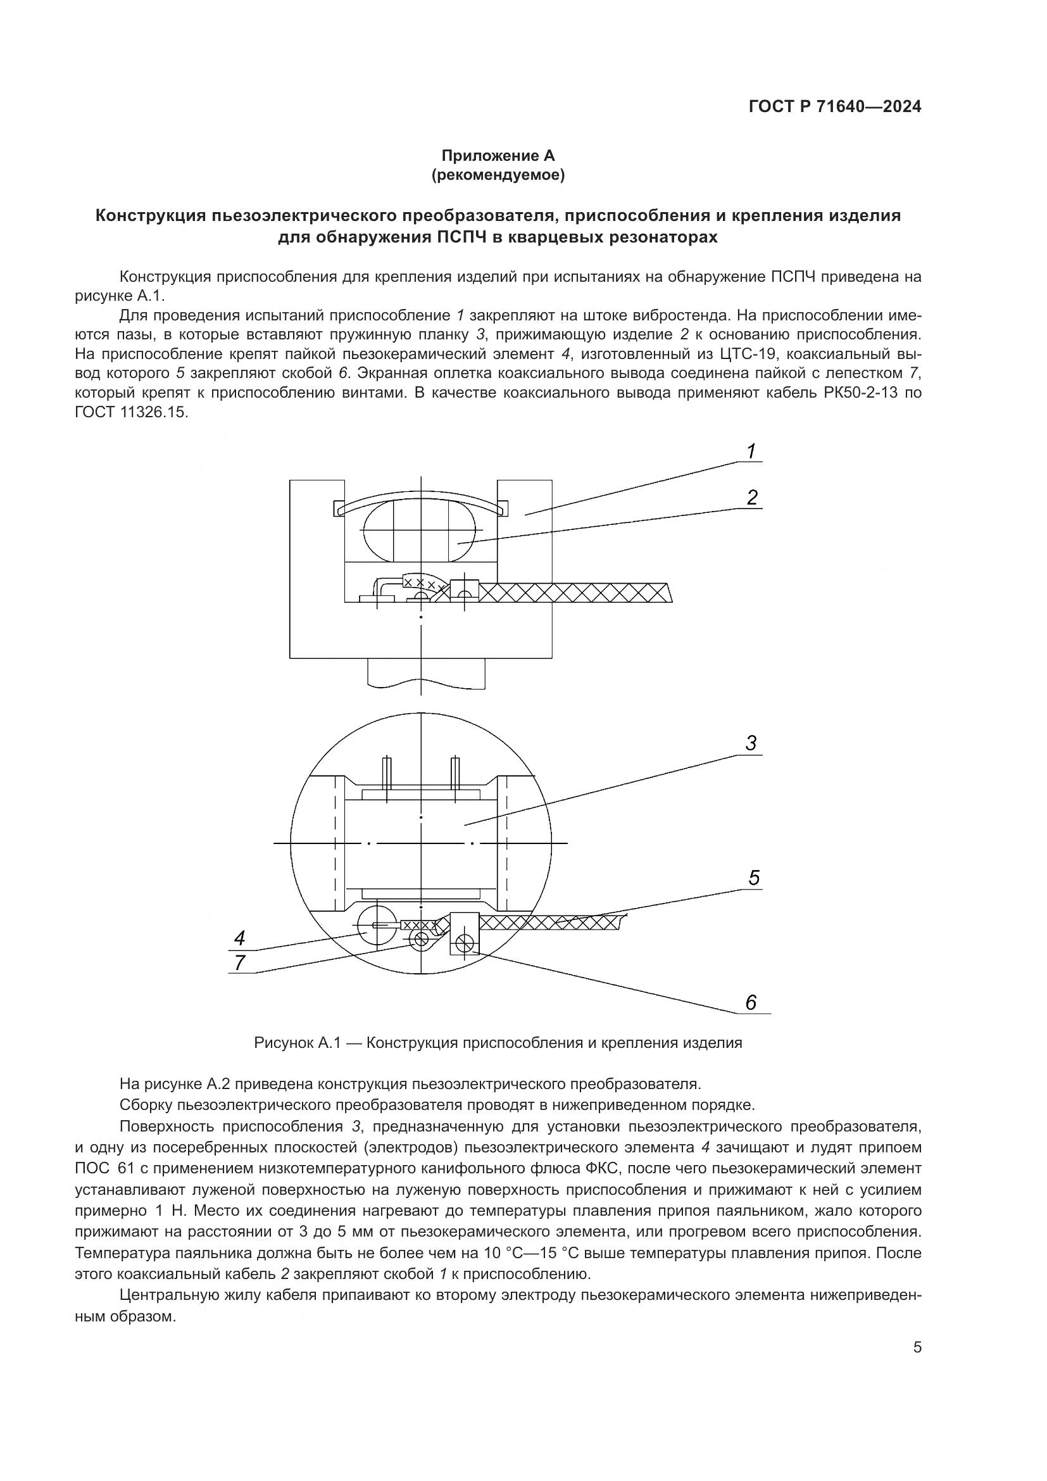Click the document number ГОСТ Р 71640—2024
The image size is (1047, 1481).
pyautogui.click(x=835, y=107)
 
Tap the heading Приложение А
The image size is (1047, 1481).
pyautogui.click(x=498, y=156)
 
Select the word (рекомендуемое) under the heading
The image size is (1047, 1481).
pyautogui.click(x=498, y=175)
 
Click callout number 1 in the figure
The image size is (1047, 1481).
pyautogui.click(x=751, y=451)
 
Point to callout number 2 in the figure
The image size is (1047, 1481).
pyautogui.click(x=752, y=498)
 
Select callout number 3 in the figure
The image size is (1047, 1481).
pyautogui.click(x=751, y=744)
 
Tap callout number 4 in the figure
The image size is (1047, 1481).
pyautogui.click(x=239, y=938)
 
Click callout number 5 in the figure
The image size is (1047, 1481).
pyautogui.click(x=754, y=878)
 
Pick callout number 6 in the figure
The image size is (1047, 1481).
pyautogui.click(x=751, y=1003)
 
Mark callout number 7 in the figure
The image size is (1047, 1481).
pyautogui.click(x=239, y=963)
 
